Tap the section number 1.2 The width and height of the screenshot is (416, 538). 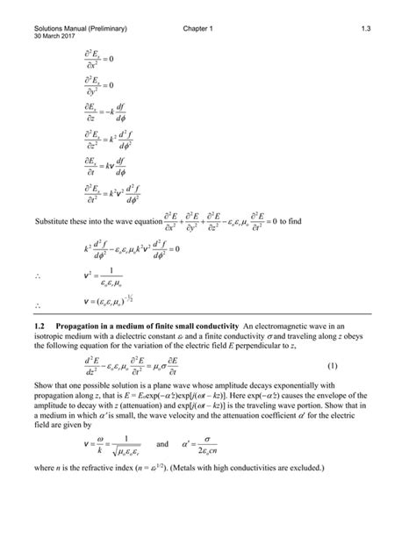point(37,326)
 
